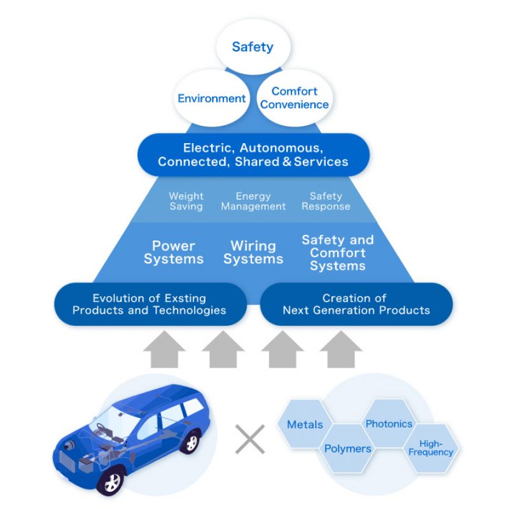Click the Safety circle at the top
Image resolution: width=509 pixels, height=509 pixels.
coord(253,47)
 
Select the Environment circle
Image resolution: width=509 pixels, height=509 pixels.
coord(211,99)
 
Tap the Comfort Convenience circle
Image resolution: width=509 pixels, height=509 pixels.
coord(295,98)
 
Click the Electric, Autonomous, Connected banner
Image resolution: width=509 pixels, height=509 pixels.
coord(253,155)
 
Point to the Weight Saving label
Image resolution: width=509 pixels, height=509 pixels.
coord(186,201)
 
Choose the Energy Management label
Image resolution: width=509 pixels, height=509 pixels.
coord(253,201)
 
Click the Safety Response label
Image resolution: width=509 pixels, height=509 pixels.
coord(326,201)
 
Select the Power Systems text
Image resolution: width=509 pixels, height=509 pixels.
coord(174,252)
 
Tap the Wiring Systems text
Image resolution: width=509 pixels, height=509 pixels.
coord(253,252)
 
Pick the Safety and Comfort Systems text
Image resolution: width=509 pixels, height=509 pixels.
coord(337,253)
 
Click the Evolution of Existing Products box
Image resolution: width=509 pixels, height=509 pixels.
coord(150,304)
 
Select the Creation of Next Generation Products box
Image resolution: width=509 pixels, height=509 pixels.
coord(356,304)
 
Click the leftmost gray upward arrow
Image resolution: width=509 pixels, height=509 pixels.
coord(164,349)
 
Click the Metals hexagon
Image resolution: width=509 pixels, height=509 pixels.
coord(305,424)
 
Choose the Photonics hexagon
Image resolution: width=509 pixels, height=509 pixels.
coord(389,424)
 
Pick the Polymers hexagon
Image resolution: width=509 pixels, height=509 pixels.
coord(347,449)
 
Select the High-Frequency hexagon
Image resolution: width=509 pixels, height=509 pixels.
coord(431,448)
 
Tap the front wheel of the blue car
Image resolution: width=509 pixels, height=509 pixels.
coord(112,482)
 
